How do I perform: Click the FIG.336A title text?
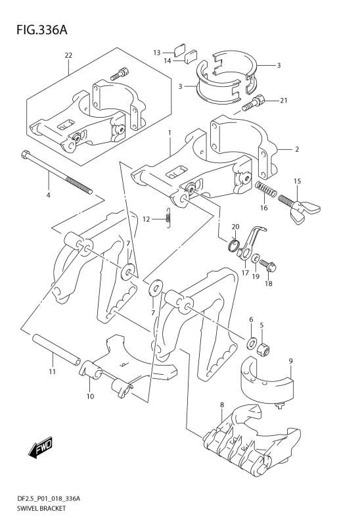tap(41, 30)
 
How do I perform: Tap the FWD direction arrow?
tap(40, 447)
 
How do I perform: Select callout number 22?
tap(68, 55)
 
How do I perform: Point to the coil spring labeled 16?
tap(267, 190)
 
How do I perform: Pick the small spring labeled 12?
tap(169, 218)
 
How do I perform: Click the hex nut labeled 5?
tap(263, 350)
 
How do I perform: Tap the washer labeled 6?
tap(252, 343)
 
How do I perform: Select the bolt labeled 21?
tap(253, 103)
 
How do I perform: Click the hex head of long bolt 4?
tap(26, 155)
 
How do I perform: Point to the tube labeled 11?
tap(56, 350)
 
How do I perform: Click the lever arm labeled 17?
tap(252, 242)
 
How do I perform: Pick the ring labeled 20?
tap(235, 246)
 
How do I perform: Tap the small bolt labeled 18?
tap(268, 266)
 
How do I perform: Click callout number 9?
tap(290, 361)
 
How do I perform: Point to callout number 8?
tap(221, 405)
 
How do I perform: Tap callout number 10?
tap(90, 396)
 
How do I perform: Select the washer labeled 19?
tap(255, 258)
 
